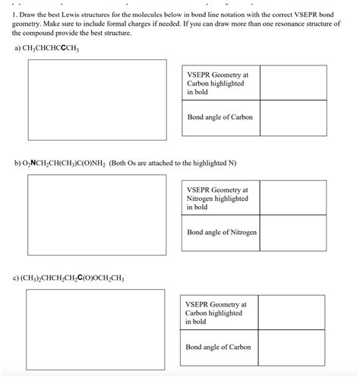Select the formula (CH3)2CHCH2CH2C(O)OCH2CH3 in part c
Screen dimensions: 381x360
(79, 278)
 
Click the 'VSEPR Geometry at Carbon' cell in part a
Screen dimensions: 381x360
(219, 84)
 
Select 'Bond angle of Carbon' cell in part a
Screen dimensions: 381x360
(219, 118)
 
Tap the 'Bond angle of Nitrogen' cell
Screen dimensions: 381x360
(220, 233)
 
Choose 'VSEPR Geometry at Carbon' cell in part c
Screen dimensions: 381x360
(219, 313)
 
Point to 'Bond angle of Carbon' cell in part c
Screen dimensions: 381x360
(219, 348)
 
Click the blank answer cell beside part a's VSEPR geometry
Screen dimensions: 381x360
(292, 84)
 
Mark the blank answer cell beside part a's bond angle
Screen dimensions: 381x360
(292, 118)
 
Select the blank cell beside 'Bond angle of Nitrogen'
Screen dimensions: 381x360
(292, 233)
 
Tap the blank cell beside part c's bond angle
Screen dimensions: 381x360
(292, 348)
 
